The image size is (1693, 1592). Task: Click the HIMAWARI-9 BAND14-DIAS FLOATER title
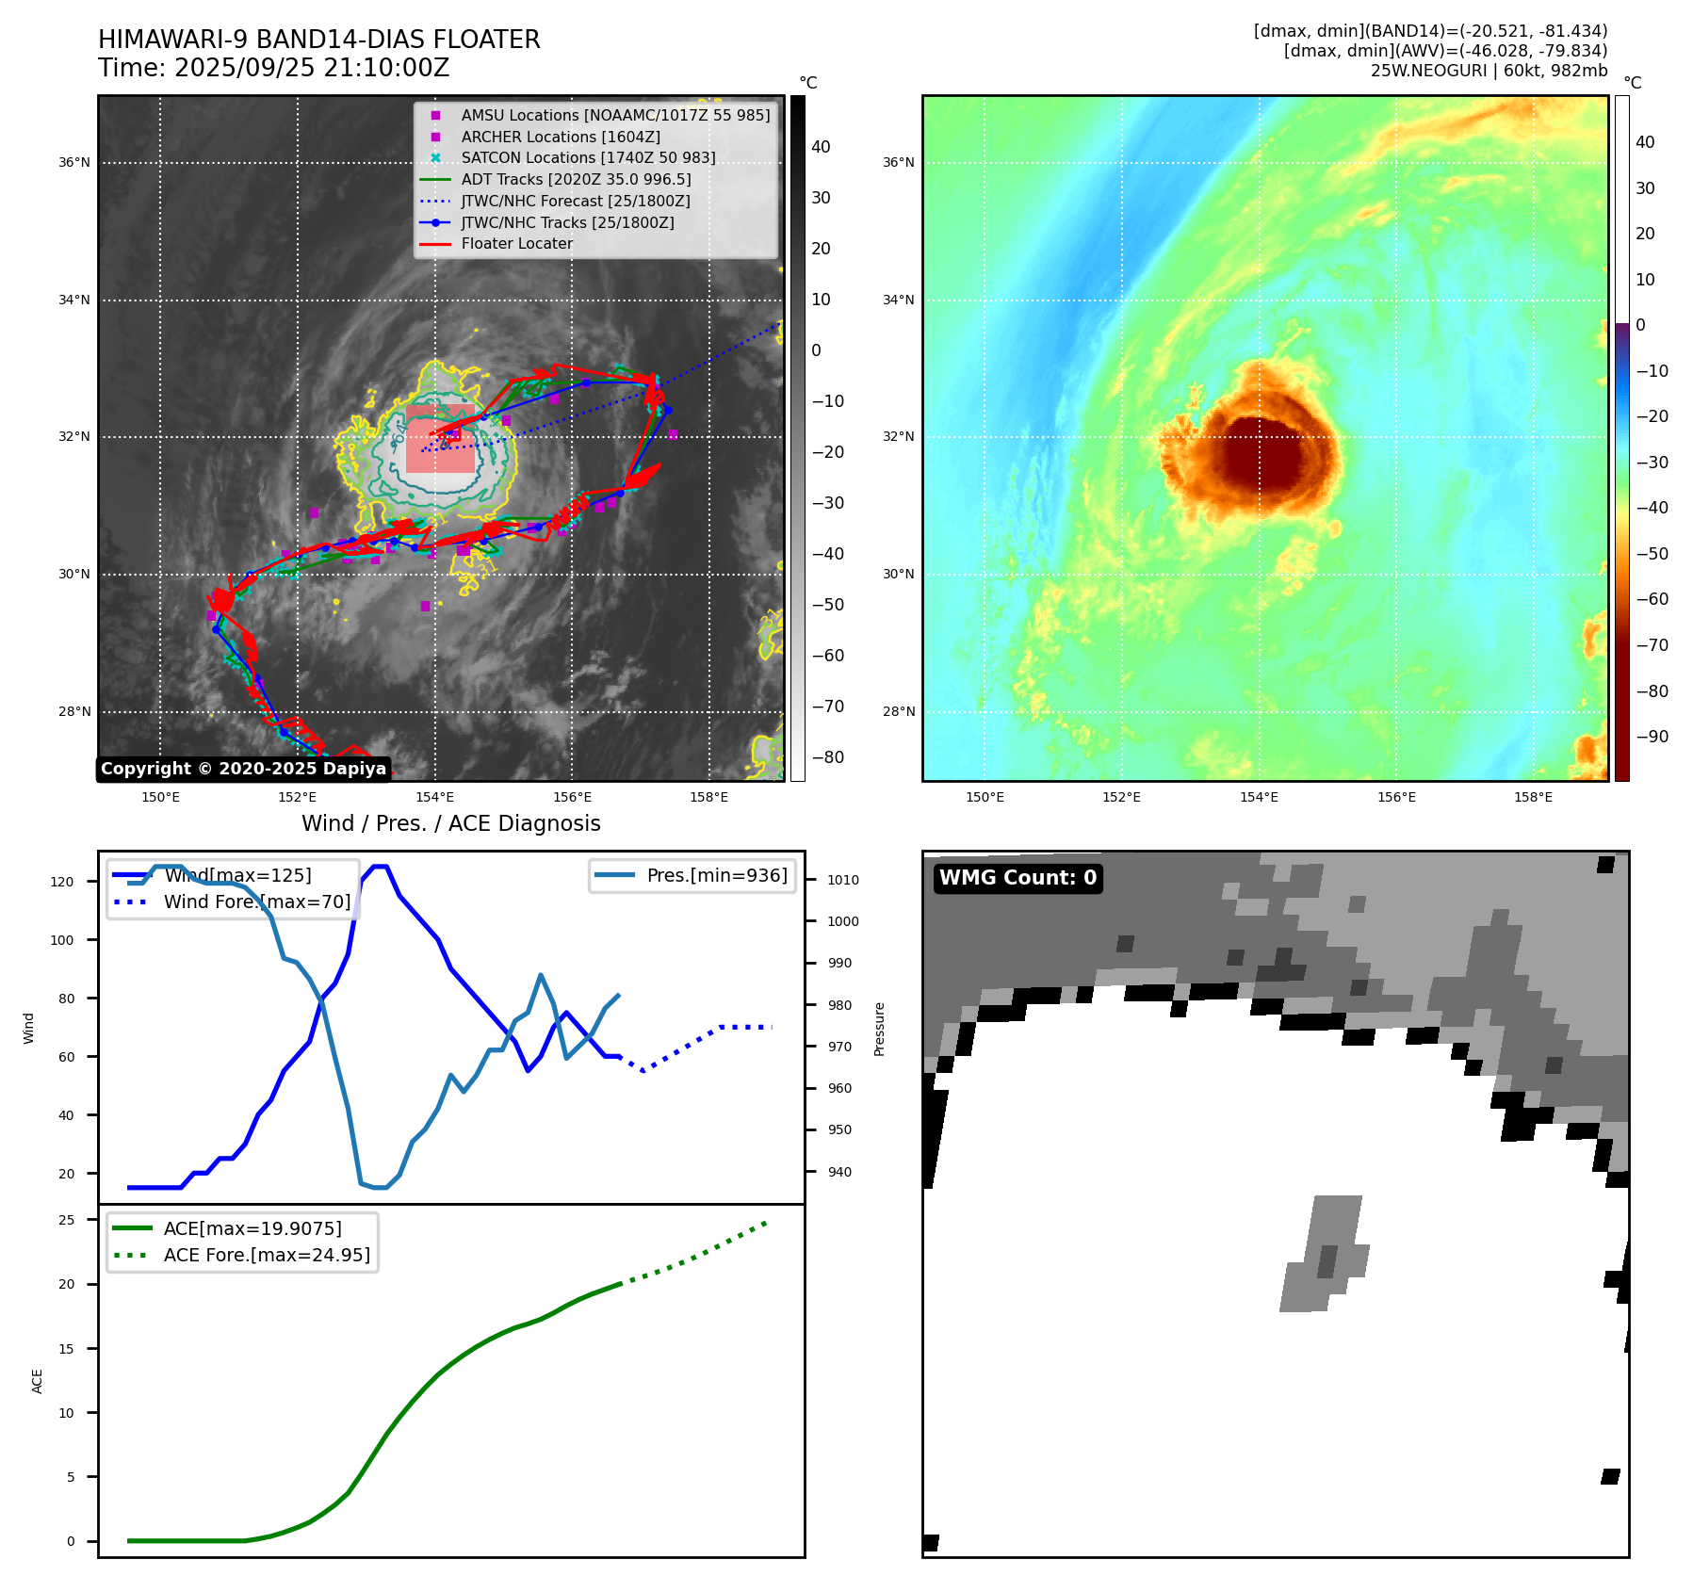point(318,40)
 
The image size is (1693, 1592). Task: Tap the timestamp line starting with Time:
point(273,68)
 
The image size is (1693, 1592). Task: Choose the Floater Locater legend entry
point(516,243)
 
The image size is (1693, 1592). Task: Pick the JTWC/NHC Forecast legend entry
point(575,201)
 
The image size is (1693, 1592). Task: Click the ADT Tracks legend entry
point(576,179)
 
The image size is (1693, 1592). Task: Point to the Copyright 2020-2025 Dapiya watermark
point(243,769)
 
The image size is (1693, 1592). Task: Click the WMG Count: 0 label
point(1017,878)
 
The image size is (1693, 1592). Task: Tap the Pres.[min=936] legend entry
point(716,875)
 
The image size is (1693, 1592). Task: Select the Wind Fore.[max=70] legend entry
point(256,902)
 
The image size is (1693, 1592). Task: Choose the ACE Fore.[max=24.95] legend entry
point(267,1255)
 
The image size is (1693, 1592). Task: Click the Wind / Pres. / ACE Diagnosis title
point(450,823)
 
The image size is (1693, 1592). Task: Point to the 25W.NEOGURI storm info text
point(1489,71)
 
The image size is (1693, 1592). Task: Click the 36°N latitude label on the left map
point(74,162)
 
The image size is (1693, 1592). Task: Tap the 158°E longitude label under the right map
point(1533,797)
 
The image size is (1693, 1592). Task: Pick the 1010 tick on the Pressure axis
point(843,880)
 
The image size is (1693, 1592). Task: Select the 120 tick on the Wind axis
point(62,882)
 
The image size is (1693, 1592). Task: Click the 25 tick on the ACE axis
point(67,1220)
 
